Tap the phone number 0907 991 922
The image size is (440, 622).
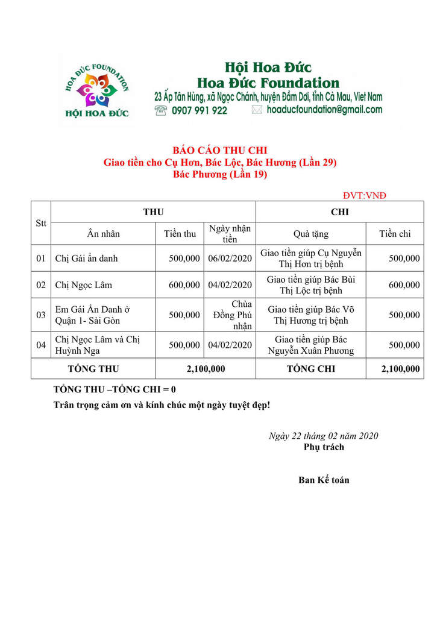[x=199, y=110]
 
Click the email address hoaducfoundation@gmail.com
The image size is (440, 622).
[x=324, y=110]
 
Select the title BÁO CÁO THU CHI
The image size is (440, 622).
[x=219, y=150]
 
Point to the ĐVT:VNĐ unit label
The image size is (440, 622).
[x=365, y=195]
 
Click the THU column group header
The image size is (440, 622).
[x=153, y=212]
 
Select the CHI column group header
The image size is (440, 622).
[x=339, y=212]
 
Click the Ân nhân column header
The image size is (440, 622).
[x=103, y=234]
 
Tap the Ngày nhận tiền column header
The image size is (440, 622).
[x=230, y=234]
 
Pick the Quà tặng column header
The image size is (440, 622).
[x=310, y=234]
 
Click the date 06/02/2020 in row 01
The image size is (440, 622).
[x=230, y=259]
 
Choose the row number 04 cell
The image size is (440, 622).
[x=41, y=345]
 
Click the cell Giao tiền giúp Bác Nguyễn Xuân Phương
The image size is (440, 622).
[x=310, y=345]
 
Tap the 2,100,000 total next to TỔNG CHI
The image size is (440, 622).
[x=400, y=369]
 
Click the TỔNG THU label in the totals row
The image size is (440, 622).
[x=93, y=369]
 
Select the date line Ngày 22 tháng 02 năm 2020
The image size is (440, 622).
[x=323, y=436]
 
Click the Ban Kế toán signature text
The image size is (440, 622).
[x=324, y=480]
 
